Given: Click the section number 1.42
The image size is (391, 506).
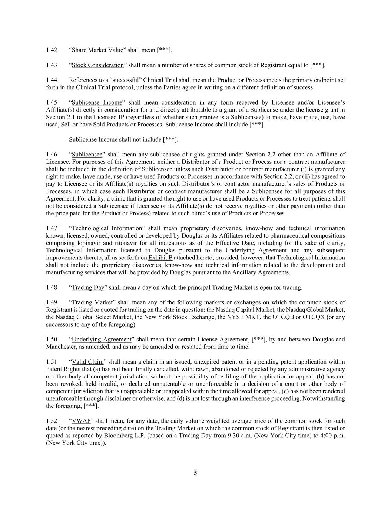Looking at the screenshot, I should coord(52,50).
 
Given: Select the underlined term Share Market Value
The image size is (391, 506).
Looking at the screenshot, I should coord(97,50).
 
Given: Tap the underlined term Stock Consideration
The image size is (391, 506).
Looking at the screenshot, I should coord(98,65).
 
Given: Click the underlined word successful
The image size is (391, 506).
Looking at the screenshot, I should coord(126,80).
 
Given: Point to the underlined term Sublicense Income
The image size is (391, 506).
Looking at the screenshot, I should coord(97,102).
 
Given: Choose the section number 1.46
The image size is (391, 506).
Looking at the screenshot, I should coord(52,154).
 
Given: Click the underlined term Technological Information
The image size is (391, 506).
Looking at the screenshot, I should coord(107,228).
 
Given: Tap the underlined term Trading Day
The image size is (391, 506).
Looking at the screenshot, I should coord(88,287).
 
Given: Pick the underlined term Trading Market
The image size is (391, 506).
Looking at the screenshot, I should coord(92,302).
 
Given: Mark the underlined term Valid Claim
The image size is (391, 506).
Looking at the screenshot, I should coord(88,362).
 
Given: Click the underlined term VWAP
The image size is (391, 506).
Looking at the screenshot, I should coord(81,421).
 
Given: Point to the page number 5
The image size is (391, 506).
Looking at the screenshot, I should coord(195,473).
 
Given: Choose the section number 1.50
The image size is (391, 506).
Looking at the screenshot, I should coord(52,339).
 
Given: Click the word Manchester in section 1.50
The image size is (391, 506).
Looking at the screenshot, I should coord(61,347).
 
